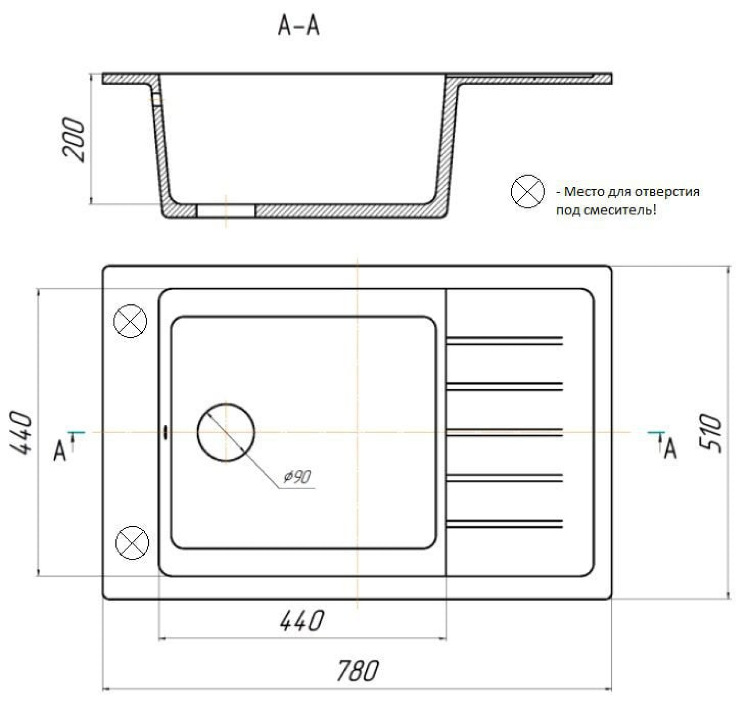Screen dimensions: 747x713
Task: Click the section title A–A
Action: pyautogui.click(x=298, y=27)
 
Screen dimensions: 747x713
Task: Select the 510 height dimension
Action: pyautogui.click(x=710, y=433)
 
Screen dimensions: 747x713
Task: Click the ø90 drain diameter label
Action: pyautogui.click(x=297, y=477)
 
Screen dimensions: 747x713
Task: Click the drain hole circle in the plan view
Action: pyautogui.click(x=226, y=433)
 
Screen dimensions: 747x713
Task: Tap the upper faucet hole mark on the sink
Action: pyautogui.click(x=130, y=321)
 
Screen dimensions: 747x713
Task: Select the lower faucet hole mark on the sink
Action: pyautogui.click(x=132, y=542)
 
